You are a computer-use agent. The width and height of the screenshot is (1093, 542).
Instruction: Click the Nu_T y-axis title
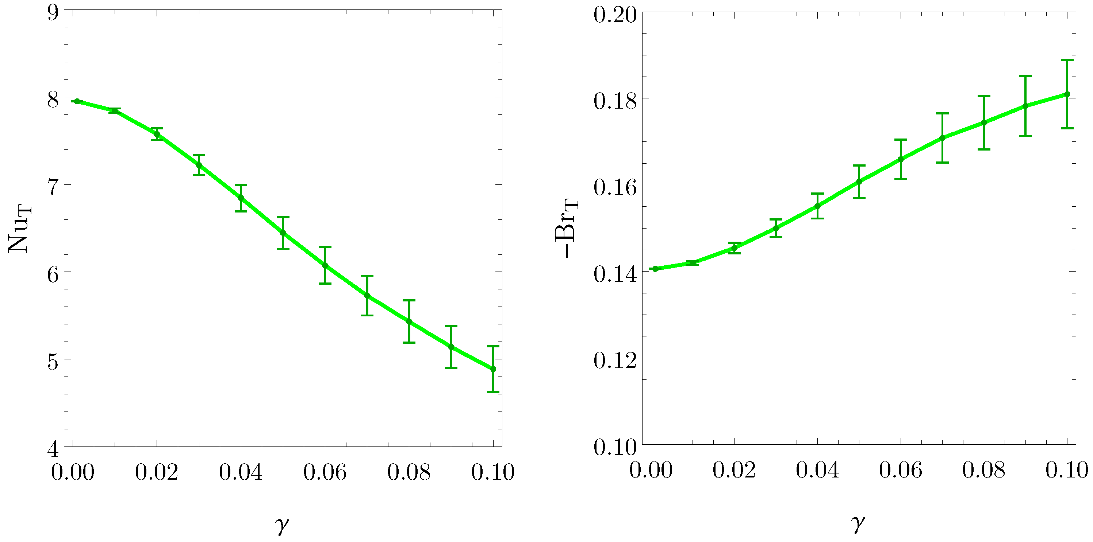click(19, 229)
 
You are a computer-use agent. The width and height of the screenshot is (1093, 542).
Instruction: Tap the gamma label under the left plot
click(282, 525)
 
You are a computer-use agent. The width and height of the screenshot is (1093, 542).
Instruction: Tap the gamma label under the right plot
click(858, 523)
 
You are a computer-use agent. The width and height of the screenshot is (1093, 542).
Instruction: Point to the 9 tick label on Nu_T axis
click(53, 13)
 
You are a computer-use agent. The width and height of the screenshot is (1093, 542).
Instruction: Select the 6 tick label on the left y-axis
click(53, 274)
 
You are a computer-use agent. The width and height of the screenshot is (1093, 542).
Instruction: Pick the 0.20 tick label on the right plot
click(615, 15)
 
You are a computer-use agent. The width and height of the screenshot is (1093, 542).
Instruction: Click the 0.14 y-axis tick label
click(615, 274)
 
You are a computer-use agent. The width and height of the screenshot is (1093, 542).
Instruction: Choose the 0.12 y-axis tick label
click(615, 360)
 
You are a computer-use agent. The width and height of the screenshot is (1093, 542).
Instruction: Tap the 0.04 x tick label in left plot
click(241, 472)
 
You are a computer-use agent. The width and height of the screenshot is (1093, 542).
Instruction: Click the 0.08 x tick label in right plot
click(983, 471)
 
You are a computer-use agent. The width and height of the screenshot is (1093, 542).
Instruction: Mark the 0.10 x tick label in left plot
click(492, 472)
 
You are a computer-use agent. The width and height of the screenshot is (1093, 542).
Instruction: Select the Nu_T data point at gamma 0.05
click(283, 233)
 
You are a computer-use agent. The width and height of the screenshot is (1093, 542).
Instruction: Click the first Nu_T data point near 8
click(77, 101)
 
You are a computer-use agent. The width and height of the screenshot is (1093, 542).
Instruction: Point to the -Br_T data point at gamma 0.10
click(1067, 94)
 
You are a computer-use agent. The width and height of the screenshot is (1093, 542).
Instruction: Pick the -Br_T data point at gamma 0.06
click(900, 159)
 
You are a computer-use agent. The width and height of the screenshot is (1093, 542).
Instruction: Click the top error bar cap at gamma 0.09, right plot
click(1025, 76)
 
